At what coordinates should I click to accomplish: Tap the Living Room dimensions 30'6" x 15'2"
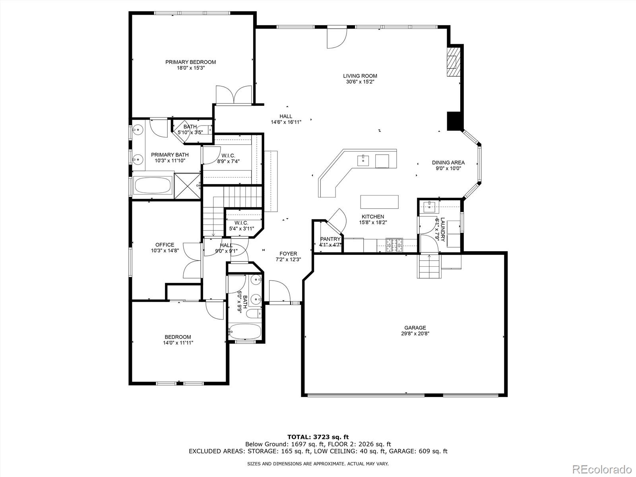360,82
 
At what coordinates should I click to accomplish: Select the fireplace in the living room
452,62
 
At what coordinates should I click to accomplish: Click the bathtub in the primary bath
153,185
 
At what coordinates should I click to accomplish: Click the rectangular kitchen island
379,202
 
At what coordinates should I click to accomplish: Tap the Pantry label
330,239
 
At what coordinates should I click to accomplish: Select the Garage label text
415,328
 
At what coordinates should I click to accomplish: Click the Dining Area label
448,163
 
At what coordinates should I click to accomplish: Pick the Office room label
165,245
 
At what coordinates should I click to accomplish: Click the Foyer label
288,254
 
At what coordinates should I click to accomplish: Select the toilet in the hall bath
253,314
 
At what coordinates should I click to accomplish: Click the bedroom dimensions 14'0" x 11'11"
178,343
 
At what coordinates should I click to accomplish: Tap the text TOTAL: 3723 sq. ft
318,437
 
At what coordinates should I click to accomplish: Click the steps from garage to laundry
429,266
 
